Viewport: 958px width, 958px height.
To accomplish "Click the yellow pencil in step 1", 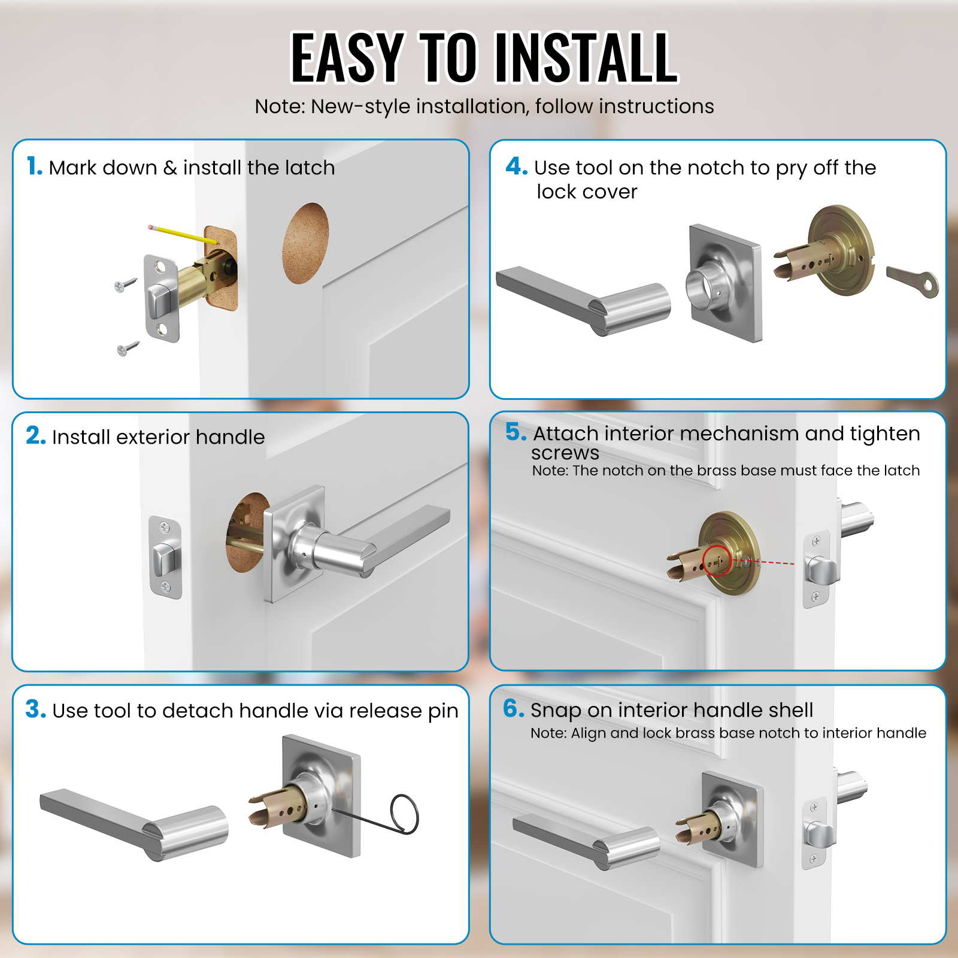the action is pos(183,234).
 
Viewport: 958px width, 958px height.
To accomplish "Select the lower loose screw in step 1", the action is pos(128,348).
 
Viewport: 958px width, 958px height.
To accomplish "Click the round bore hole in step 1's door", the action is pos(305,243).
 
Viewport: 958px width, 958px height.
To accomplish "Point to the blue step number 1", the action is pos(34,166).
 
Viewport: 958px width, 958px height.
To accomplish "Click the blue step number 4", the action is pos(516,166).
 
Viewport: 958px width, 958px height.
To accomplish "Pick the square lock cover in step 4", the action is pos(725,283).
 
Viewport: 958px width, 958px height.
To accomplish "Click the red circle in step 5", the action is pos(717,560).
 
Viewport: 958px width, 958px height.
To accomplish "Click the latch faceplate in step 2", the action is pos(165,557).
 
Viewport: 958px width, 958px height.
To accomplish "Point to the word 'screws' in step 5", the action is pos(565,453).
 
